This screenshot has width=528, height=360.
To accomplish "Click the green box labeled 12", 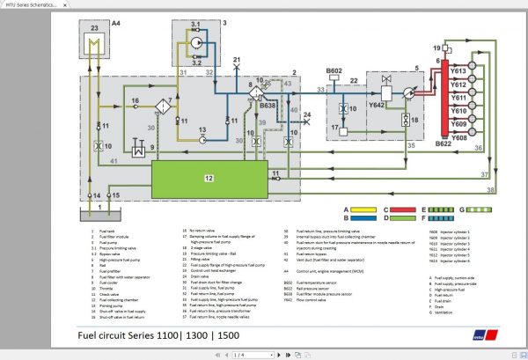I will tap(208, 178).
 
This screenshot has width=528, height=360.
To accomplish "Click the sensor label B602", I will tap(334, 70).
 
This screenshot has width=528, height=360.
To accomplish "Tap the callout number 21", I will tap(236, 60).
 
